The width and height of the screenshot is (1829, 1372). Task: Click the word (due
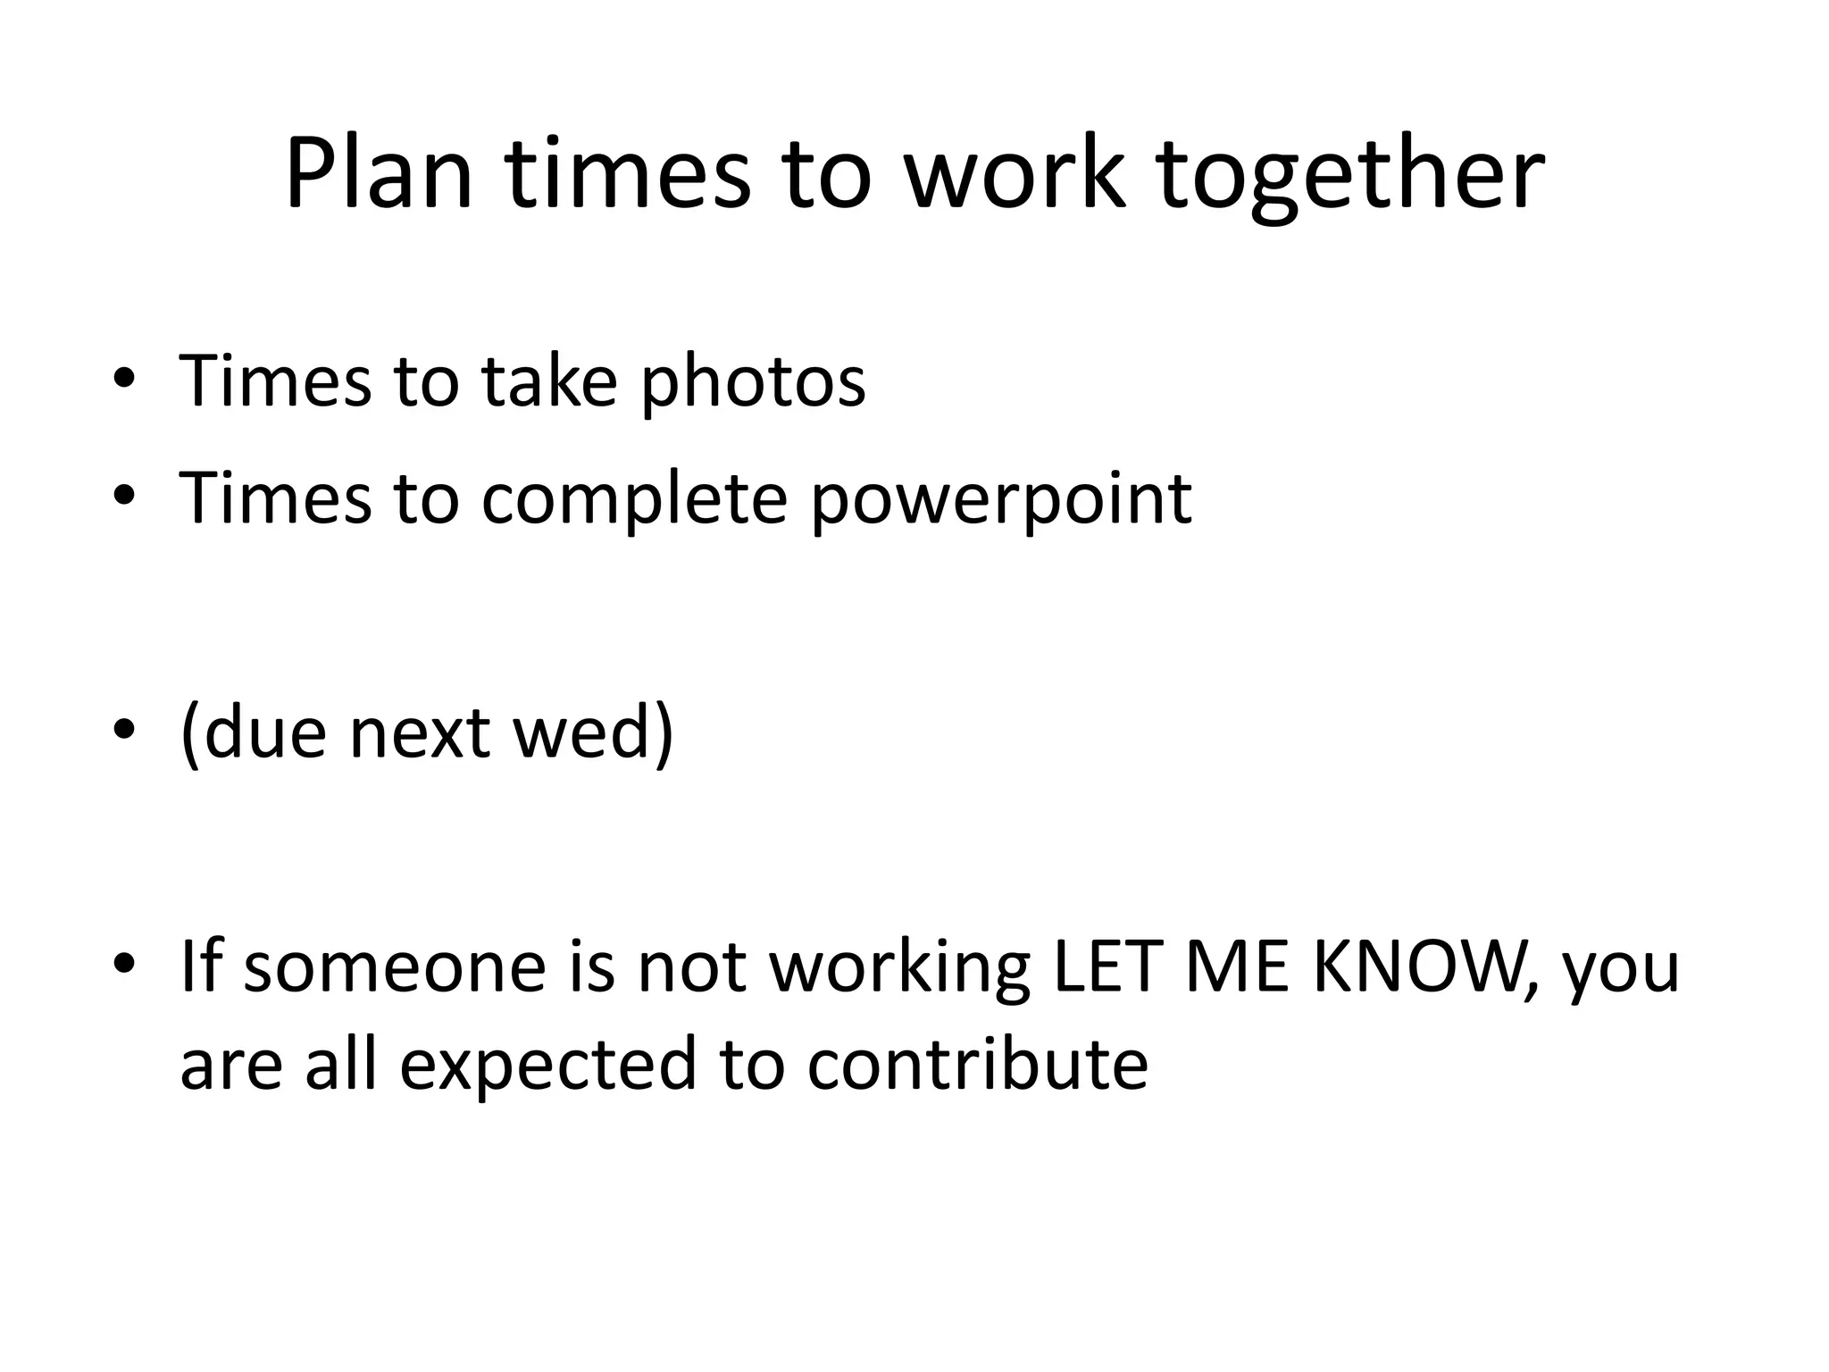[x=254, y=732]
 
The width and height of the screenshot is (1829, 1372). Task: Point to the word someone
[x=394, y=966]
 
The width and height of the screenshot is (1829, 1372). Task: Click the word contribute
[x=977, y=1065]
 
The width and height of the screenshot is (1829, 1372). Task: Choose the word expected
[x=547, y=1065]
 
